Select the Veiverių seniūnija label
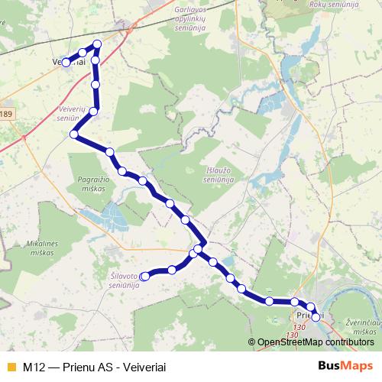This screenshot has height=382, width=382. point(70,115)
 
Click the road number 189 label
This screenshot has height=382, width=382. point(6,115)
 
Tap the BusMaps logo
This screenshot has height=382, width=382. point(345,366)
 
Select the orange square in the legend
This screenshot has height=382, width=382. point(10,366)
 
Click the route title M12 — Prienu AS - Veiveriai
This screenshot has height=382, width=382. point(95,366)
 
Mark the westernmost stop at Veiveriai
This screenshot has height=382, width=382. point(66,63)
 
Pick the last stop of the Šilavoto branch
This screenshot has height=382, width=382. point(144,277)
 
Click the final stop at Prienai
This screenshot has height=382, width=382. point(316,316)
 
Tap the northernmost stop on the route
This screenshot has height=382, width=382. point(97,45)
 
